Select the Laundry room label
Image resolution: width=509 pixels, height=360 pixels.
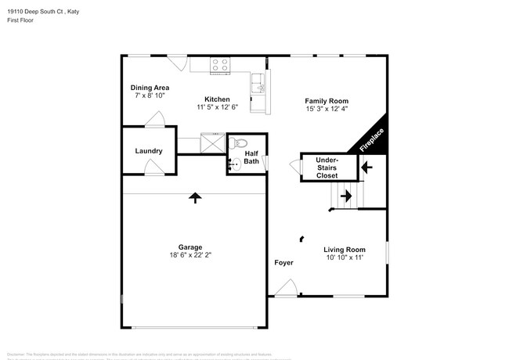click(x=149, y=151)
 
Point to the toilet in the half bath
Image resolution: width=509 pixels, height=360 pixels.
click(x=240, y=142)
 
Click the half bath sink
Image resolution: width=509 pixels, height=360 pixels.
click(x=233, y=165)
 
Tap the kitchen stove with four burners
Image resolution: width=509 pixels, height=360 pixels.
click(x=219, y=67)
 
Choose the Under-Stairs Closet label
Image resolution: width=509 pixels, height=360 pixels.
click(x=327, y=167)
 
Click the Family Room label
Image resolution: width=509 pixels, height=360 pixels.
click(x=327, y=101)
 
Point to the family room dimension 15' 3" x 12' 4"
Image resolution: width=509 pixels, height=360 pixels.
click(x=327, y=110)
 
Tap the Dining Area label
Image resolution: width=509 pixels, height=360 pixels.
click(x=149, y=88)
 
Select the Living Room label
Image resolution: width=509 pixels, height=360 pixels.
click(x=345, y=250)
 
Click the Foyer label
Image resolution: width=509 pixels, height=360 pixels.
click(x=283, y=263)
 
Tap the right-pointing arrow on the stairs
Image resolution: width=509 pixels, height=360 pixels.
click(x=345, y=196)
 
